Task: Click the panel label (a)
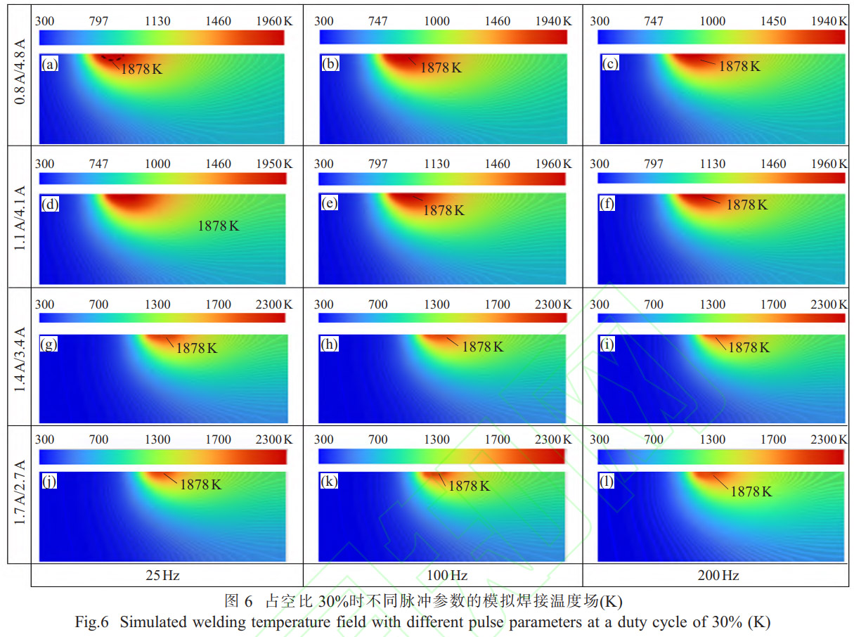click(50, 65)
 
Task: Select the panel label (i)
click(609, 345)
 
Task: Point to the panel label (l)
click(608, 482)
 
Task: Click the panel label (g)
click(50, 345)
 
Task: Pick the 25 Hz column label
click(166, 576)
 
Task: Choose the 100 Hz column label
click(447, 576)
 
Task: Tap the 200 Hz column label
click(718, 576)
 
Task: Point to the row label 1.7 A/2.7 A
click(20, 494)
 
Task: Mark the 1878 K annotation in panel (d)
click(219, 226)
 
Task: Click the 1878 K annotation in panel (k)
click(469, 485)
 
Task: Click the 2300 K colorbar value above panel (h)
click(552, 304)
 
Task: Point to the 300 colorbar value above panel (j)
click(45, 440)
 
